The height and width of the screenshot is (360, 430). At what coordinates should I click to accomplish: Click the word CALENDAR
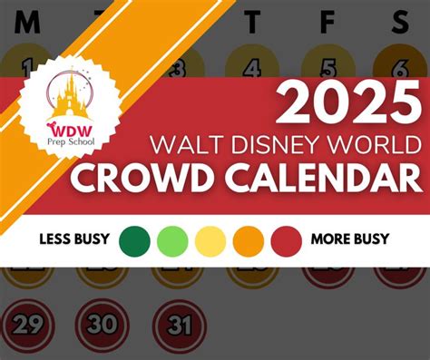tap(322, 178)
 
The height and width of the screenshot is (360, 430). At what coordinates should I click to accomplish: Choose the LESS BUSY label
tap(74, 240)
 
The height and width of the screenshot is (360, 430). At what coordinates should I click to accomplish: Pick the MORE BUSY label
tap(349, 240)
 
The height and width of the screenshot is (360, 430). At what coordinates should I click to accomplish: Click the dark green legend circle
tap(134, 241)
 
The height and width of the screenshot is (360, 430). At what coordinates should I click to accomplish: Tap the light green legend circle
tap(172, 241)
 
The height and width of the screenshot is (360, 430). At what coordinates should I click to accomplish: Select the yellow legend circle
tap(210, 241)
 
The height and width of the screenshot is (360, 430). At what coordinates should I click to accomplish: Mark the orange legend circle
tap(248, 241)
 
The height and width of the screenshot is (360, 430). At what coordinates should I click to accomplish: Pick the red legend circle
tap(286, 241)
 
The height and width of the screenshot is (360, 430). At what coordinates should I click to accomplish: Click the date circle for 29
tap(28, 323)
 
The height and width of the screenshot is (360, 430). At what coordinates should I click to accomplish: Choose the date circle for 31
tap(180, 323)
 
